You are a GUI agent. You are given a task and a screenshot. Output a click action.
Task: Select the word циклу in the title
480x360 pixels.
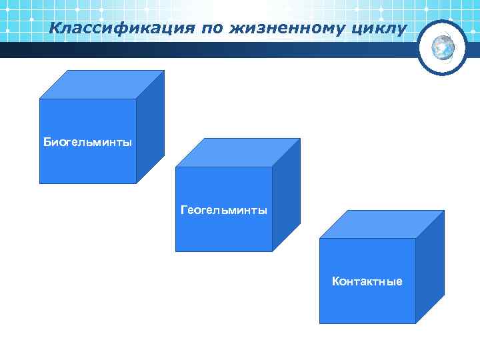(379, 28)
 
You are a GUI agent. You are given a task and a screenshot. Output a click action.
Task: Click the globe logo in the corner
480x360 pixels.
(443, 47)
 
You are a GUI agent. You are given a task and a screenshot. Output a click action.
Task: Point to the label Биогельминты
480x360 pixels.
(87, 142)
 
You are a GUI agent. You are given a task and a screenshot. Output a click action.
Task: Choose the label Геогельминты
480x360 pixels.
(224, 210)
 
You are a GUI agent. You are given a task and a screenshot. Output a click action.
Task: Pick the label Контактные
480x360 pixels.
(367, 281)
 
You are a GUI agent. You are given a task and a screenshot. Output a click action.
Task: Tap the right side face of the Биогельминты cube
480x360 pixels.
(150, 127)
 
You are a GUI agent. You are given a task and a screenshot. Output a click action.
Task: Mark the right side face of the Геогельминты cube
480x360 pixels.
(286, 195)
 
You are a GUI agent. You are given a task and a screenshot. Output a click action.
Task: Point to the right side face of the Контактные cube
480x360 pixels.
(430, 267)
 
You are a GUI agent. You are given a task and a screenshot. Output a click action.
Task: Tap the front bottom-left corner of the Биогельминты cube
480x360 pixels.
(40, 183)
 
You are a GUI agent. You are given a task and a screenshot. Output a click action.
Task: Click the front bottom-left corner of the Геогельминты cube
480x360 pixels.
(176, 251)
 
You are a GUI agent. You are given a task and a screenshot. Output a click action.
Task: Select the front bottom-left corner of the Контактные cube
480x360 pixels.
(320, 323)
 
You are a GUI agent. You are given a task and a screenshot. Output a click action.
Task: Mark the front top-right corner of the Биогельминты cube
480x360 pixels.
(136, 99)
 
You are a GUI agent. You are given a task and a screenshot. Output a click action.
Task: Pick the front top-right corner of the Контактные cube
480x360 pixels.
(416, 239)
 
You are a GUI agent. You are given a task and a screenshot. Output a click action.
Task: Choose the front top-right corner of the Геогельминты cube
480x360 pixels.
(272, 167)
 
